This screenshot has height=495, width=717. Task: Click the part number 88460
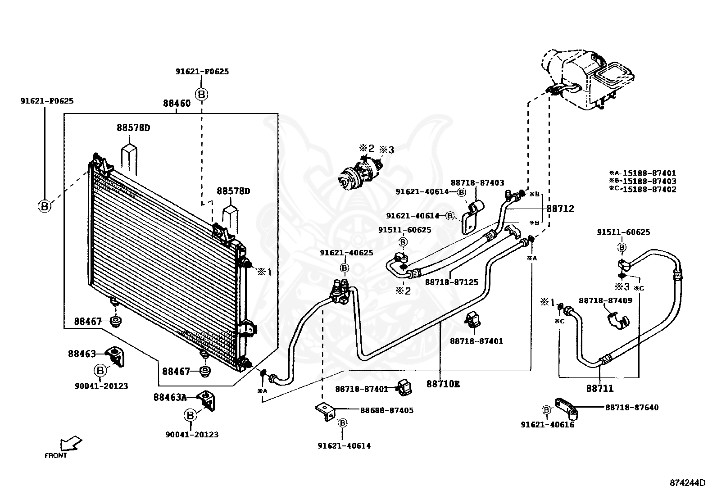177,104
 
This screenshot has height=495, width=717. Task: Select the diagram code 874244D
688,483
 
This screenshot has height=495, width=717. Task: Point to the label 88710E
443,384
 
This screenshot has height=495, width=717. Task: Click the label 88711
600,388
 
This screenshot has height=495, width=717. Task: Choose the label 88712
560,209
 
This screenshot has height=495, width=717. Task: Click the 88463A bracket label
170,397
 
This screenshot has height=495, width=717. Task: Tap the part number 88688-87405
387,410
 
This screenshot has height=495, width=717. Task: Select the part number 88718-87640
631,407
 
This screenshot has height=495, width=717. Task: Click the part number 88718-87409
605,301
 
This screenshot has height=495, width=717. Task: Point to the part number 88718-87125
452,282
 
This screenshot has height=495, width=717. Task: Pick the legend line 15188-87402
643,190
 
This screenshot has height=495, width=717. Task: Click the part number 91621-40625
347,253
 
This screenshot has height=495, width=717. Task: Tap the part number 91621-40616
548,425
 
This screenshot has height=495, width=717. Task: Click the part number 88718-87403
477,183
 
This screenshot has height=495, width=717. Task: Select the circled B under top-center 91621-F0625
202,95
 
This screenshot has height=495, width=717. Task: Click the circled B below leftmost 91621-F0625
45,206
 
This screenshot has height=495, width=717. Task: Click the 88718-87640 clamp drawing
567,409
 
